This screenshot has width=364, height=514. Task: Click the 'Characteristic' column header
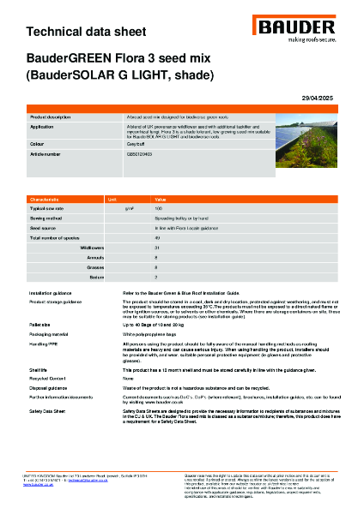tap(45, 198)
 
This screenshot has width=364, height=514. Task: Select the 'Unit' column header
tap(112, 198)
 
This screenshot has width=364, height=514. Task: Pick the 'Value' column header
tap(161, 198)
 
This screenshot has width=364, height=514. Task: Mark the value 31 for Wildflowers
tap(157, 246)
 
